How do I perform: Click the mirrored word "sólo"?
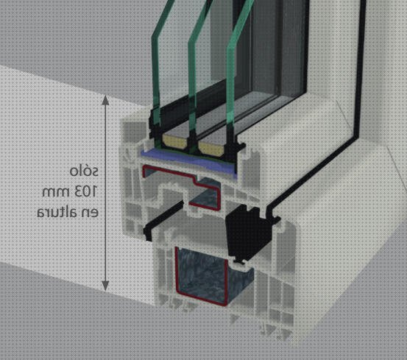84,171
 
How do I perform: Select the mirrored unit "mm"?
56,192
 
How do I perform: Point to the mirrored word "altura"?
57,212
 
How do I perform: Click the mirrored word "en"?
90,213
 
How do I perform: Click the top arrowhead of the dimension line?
105,100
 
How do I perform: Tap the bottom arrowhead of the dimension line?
105,286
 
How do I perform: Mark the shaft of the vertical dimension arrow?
105,193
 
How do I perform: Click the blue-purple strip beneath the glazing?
189,163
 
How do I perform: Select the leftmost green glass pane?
156,70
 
